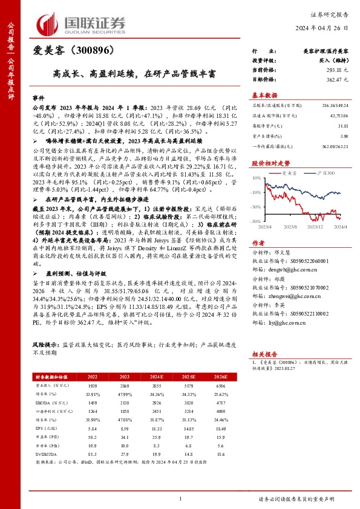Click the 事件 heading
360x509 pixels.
click(x=38, y=97)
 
